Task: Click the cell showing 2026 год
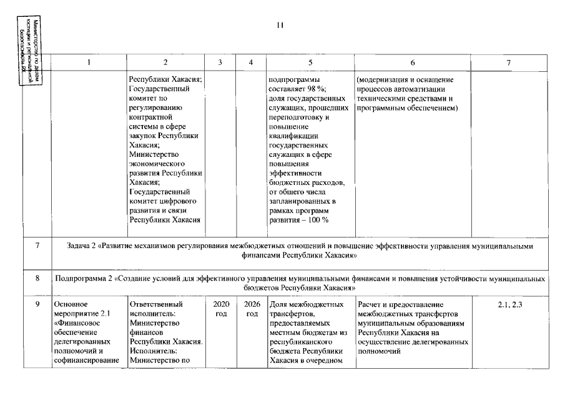[x=251, y=309]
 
